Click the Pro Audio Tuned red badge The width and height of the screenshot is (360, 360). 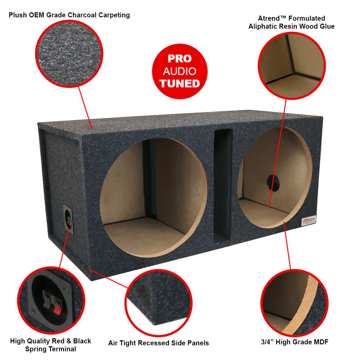pyautogui.click(x=180, y=71)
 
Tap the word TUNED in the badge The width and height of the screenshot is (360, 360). pyautogui.click(x=180, y=84)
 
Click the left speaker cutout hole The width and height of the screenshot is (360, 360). pyautogui.click(x=153, y=197)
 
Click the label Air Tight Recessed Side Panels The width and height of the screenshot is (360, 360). pyautogui.click(x=158, y=343)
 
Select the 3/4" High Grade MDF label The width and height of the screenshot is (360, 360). pyautogui.click(x=294, y=341)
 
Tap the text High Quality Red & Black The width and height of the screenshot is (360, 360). pyautogui.click(x=50, y=341)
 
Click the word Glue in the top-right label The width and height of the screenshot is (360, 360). pyautogui.click(x=326, y=26)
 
